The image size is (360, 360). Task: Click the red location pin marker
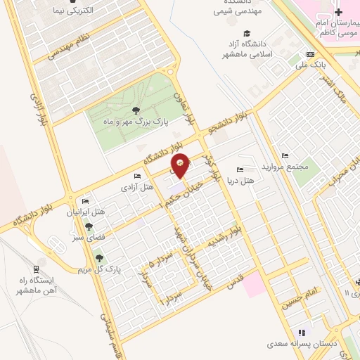[181, 165]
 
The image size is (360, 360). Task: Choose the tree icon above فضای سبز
[89, 226]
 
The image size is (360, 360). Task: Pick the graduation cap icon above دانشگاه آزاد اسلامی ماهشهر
[246, 33]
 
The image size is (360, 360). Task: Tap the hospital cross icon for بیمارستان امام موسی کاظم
[338, 12]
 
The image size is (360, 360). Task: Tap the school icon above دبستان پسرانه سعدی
[302, 333]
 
